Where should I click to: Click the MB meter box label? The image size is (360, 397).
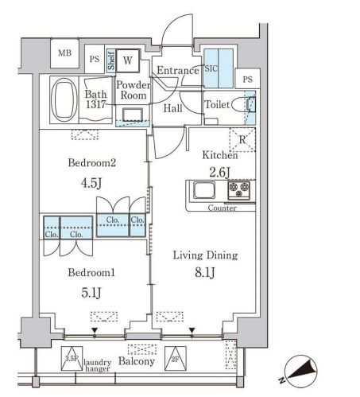click(x=65, y=53)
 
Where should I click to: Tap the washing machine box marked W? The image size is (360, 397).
click(x=128, y=60)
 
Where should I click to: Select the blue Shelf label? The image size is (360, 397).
click(x=111, y=60)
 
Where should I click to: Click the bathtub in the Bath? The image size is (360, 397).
click(x=64, y=99)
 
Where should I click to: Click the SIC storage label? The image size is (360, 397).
click(x=211, y=68)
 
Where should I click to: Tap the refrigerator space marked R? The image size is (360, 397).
click(x=242, y=139)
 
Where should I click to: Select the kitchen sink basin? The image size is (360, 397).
click(x=204, y=190)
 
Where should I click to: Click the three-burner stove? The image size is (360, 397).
click(x=238, y=190)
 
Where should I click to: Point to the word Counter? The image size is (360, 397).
click(x=222, y=208)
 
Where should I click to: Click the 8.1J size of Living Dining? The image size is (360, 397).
click(x=205, y=272)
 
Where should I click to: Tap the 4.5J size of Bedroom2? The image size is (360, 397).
click(x=91, y=183)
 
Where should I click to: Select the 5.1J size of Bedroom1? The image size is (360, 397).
click(x=91, y=293)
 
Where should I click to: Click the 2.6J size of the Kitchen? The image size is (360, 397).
click(x=219, y=173)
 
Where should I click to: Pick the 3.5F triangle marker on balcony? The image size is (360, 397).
click(x=72, y=358)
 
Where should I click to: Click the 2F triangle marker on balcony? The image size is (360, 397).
click(x=176, y=358)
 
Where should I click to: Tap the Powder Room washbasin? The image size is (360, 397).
click(x=133, y=115)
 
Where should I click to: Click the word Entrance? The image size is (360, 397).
click(x=178, y=71)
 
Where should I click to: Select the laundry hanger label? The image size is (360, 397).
click(x=98, y=365)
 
